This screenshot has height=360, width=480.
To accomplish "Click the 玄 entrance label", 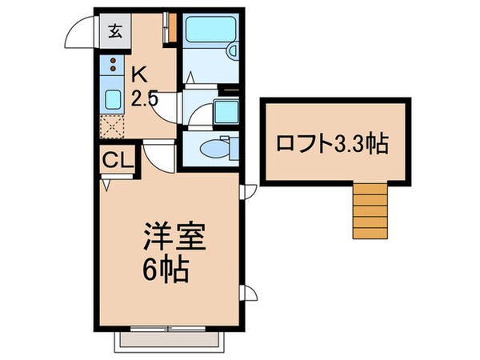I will tap(116, 32).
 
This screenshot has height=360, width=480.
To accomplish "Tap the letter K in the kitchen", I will tap(139, 75).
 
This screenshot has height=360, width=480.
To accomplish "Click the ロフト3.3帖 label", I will tap(332, 144).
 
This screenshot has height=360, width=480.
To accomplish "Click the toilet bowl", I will tap(210, 148).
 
